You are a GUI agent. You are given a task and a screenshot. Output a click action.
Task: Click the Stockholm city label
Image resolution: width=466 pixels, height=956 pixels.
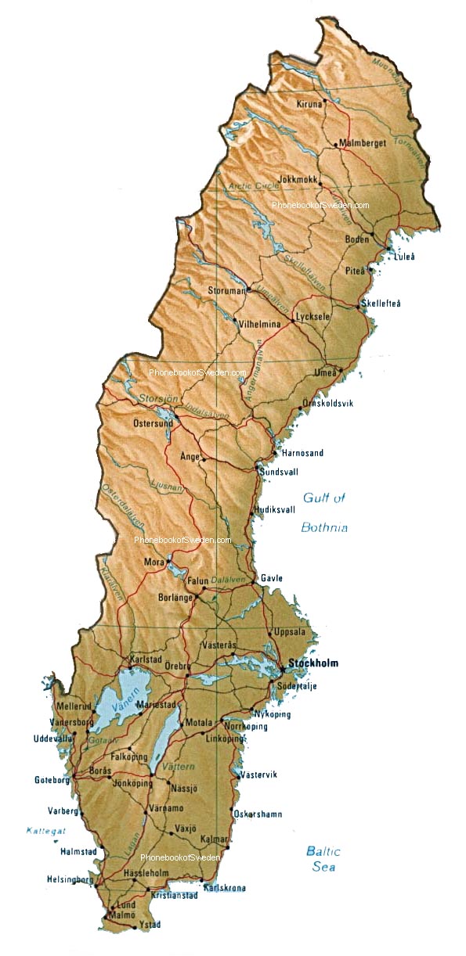[x=313, y=663]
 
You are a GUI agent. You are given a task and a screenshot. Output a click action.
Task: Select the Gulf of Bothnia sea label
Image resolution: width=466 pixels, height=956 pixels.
[x=324, y=512]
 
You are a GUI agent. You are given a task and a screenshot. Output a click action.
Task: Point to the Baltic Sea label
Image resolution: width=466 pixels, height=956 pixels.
[x=323, y=858]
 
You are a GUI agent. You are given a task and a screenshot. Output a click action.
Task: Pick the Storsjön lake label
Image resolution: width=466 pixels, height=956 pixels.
[x=154, y=399]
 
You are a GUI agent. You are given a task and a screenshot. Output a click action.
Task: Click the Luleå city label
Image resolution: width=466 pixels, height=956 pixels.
[x=404, y=256]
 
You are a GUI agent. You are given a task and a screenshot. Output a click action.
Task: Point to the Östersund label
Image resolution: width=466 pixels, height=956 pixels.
[x=153, y=423]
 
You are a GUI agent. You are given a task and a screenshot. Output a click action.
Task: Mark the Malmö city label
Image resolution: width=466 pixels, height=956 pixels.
[x=122, y=914]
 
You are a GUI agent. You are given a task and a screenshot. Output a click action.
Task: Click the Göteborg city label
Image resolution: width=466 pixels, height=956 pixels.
[x=52, y=780]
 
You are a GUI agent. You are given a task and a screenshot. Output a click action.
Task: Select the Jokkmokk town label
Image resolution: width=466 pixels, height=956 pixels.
[x=298, y=179]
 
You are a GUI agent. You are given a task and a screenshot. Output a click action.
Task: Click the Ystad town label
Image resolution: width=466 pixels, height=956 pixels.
[x=149, y=925]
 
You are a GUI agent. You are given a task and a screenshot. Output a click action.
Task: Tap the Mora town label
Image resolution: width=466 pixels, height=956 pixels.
[x=154, y=562]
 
